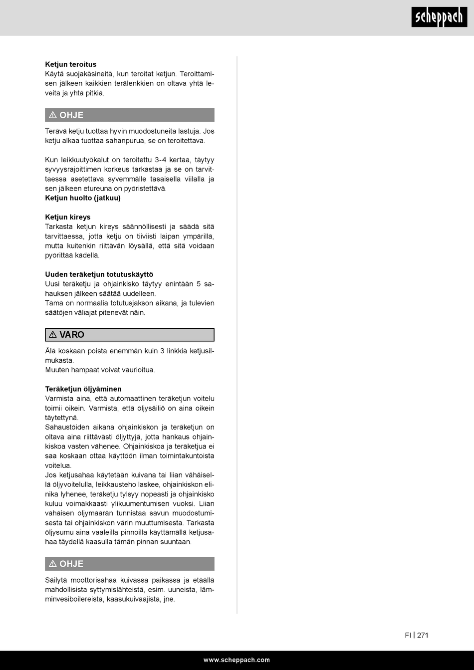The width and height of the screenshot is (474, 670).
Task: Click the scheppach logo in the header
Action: click(439, 17)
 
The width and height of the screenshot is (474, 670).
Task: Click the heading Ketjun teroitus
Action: click(71, 64)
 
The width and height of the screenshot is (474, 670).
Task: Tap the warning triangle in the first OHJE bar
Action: click(53, 115)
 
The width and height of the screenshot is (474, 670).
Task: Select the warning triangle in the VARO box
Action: click(53, 335)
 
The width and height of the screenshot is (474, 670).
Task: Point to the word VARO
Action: click(72, 335)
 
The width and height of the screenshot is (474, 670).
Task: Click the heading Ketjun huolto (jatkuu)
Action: click(83, 198)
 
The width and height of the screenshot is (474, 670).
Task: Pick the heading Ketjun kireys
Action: click(68, 218)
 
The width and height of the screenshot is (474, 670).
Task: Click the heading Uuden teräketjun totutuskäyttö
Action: click(99, 274)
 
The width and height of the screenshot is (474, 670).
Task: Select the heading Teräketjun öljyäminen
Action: click(83, 389)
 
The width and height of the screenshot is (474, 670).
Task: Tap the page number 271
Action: click(423, 635)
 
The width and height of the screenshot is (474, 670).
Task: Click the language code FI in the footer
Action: click(408, 635)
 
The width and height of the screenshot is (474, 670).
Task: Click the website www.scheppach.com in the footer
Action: click(237, 660)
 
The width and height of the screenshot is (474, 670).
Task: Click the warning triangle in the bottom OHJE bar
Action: click(53, 564)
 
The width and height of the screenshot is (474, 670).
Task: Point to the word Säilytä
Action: click(56, 580)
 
